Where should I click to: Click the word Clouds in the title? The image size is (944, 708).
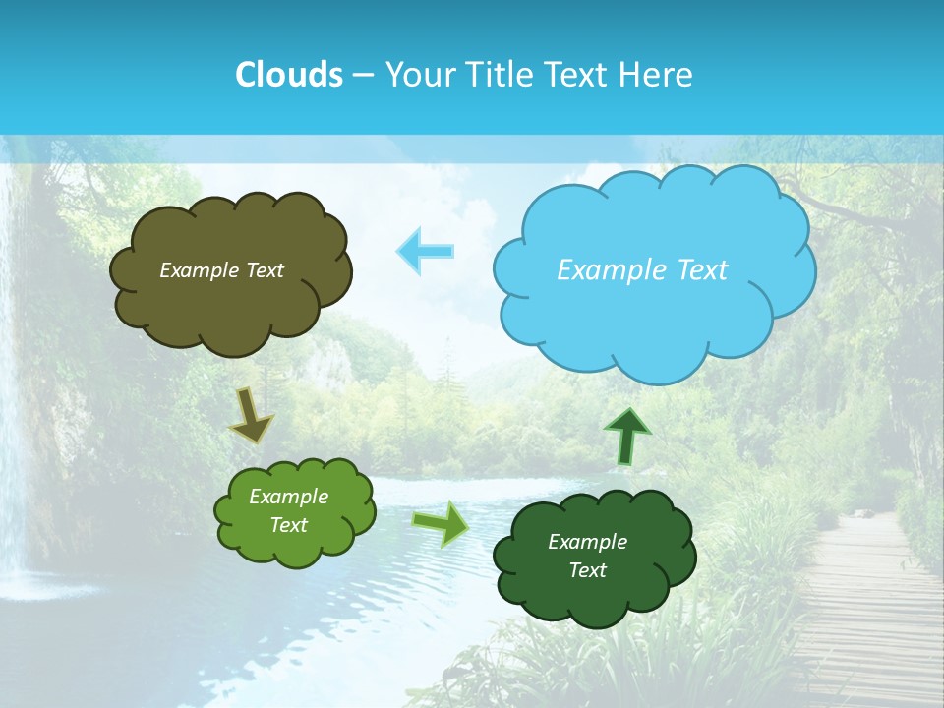(288, 75)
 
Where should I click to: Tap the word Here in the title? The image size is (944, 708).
(659, 75)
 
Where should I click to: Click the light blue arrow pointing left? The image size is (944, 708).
(426, 251)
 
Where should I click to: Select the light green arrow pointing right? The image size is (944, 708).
(441, 523)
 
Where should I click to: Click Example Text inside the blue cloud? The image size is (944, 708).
(642, 270)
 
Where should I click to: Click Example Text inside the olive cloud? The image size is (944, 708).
(221, 270)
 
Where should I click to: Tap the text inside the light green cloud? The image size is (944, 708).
(289, 511)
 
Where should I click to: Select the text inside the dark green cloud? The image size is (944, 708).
(587, 556)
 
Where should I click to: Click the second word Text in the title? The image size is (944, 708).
(580, 75)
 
